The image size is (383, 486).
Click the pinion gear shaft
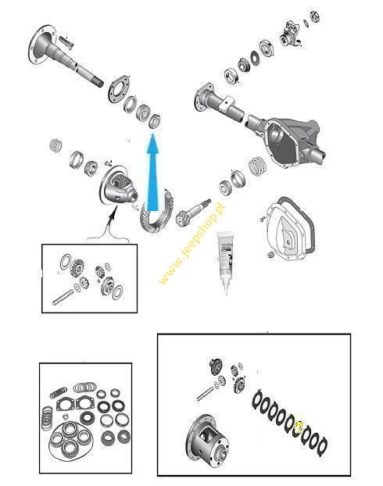click(x=193, y=212)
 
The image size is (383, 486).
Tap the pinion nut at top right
click(x=316, y=16)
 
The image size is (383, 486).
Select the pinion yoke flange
click(x=292, y=34)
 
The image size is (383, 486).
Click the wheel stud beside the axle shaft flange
click(x=66, y=42)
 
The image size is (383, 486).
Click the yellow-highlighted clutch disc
click(x=299, y=428)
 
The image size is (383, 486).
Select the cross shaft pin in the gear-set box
click(x=63, y=297)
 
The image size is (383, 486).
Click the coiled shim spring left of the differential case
click(x=55, y=145)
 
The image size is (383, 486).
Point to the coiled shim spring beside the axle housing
click(x=257, y=166)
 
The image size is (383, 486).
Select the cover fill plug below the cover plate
click(x=270, y=255)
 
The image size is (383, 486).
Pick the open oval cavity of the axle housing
click(x=281, y=144)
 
